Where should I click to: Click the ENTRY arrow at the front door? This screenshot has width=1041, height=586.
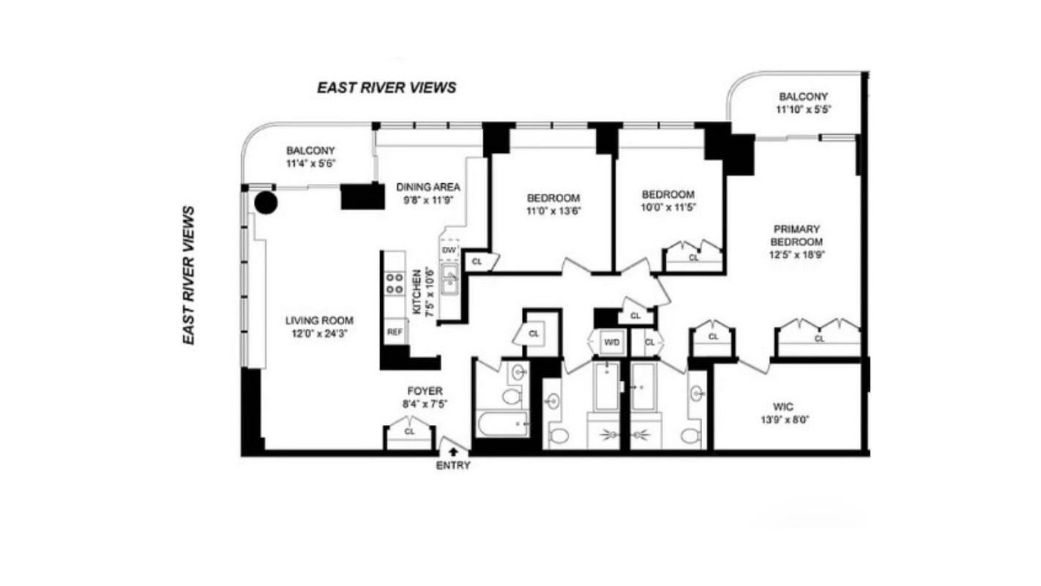pyautogui.click(x=453, y=450)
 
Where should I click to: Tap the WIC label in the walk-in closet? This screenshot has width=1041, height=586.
pyautogui.click(x=783, y=407)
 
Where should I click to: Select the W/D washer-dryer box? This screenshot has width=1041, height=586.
pyautogui.click(x=611, y=342)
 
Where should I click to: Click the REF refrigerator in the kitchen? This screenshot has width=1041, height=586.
pyautogui.click(x=395, y=332)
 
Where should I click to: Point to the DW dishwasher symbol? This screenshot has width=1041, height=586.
pyautogui.click(x=449, y=251)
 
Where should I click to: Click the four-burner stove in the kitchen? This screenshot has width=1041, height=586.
pyautogui.click(x=395, y=283)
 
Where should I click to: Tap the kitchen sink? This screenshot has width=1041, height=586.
pyautogui.click(x=449, y=278)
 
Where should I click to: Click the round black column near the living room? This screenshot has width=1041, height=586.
pyautogui.click(x=266, y=203)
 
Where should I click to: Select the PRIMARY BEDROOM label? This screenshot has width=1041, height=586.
pyautogui.click(x=796, y=236)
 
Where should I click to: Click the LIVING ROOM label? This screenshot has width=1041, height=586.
pyautogui.click(x=319, y=320)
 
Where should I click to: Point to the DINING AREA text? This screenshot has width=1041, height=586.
pyautogui.click(x=428, y=187)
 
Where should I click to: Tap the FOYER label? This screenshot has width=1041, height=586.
pyautogui.click(x=425, y=391)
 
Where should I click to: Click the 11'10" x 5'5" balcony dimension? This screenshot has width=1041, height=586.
pyautogui.click(x=803, y=110)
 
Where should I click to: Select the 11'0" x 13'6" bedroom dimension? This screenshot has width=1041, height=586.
pyautogui.click(x=553, y=211)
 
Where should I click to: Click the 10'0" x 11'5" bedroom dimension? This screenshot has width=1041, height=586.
pyautogui.click(x=668, y=207)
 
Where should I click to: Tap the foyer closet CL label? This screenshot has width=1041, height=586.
pyautogui.click(x=409, y=431)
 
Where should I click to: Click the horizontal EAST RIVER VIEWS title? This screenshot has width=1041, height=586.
pyautogui.click(x=387, y=87)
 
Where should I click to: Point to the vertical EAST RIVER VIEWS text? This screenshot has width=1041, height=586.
pyautogui.click(x=189, y=275)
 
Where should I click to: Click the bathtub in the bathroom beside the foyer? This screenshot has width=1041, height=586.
pyautogui.click(x=503, y=423)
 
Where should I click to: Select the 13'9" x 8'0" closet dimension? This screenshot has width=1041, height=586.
pyautogui.click(x=785, y=420)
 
